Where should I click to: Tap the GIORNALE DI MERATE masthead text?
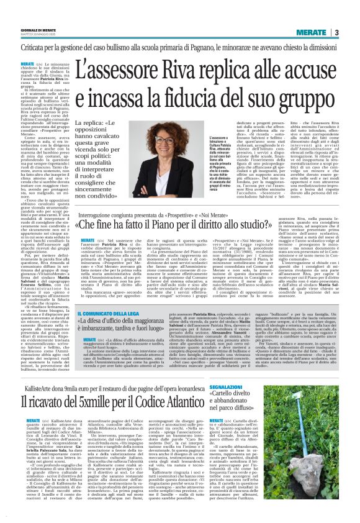click(23, 30)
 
